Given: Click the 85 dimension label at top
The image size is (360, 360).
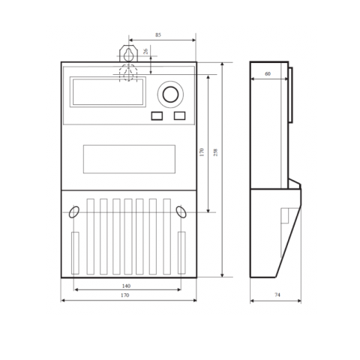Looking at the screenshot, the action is click(158, 35).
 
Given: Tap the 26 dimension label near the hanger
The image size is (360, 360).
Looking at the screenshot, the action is click(145, 51).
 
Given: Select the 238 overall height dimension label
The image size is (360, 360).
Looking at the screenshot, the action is click(215, 152).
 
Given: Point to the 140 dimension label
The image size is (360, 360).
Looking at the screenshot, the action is click(126, 286).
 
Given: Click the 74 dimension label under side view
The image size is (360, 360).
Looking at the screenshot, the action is click(277, 295).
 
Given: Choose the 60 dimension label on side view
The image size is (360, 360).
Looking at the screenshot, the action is click(268, 74).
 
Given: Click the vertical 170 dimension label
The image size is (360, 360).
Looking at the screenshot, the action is click(202, 152).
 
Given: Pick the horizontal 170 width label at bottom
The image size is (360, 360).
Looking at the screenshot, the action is click(124, 295).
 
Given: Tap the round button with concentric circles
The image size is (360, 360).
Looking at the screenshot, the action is click(170, 94).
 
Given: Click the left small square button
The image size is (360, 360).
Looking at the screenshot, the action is click(157, 116).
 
